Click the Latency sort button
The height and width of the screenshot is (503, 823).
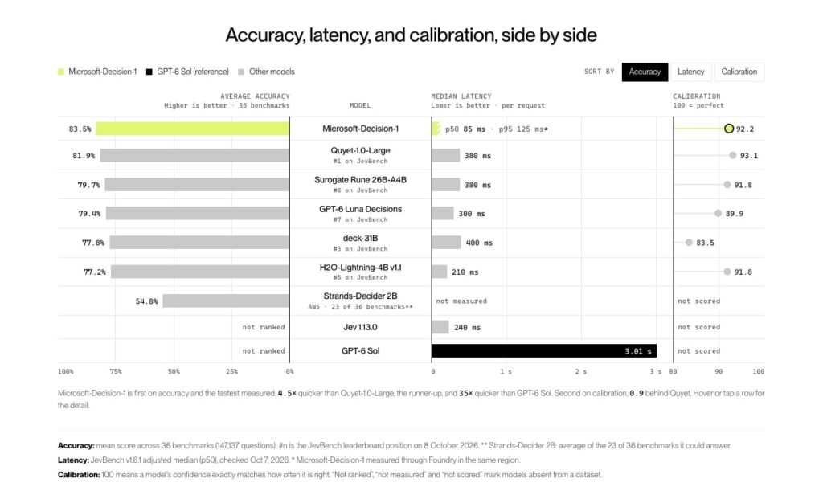(x=690, y=72)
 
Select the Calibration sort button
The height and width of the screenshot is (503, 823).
(x=739, y=72)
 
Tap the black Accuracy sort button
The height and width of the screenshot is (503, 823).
(x=645, y=72)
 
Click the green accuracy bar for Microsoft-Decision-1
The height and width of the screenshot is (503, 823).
(x=193, y=129)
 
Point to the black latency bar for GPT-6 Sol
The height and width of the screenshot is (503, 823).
(x=544, y=351)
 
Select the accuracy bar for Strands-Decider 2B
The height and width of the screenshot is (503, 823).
(x=226, y=301)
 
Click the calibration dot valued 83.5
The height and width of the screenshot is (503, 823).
(x=689, y=243)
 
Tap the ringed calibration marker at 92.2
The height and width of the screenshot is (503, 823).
(x=728, y=129)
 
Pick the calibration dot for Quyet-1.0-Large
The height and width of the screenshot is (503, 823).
(x=733, y=155)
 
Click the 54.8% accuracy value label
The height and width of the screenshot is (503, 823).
(x=146, y=301)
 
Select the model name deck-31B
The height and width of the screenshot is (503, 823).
(x=360, y=238)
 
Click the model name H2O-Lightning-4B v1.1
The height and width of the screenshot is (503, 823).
(x=360, y=268)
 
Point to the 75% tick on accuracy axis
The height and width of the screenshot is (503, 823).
(x=116, y=371)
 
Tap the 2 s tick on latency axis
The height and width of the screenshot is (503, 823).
(x=580, y=371)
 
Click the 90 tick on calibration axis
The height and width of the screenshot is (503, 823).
(x=719, y=371)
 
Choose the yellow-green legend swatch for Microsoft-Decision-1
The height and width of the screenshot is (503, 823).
(x=61, y=72)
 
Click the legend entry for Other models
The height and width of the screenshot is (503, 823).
(x=267, y=72)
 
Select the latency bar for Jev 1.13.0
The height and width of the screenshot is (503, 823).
(x=440, y=327)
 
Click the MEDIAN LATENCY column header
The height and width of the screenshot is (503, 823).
(x=461, y=96)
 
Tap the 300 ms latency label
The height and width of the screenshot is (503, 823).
(x=472, y=214)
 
